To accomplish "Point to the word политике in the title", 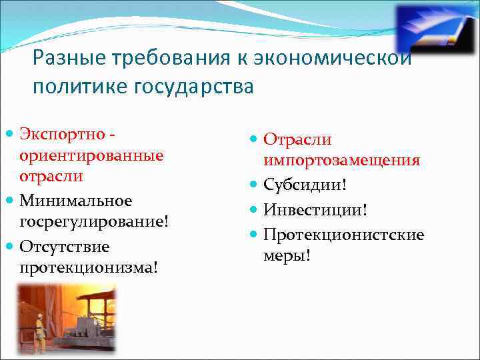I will pos(74,87).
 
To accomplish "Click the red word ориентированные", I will pos(91,155).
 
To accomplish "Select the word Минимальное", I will pos(75,201).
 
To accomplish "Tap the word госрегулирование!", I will pos(93,222).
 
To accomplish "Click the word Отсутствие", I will pos(64,247).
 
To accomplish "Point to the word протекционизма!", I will pos(89,267).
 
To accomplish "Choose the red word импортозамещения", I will pos(341,161).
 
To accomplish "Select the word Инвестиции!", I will pos(315,210).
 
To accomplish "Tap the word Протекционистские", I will pos(343,235).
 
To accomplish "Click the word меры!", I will pos(287,256).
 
